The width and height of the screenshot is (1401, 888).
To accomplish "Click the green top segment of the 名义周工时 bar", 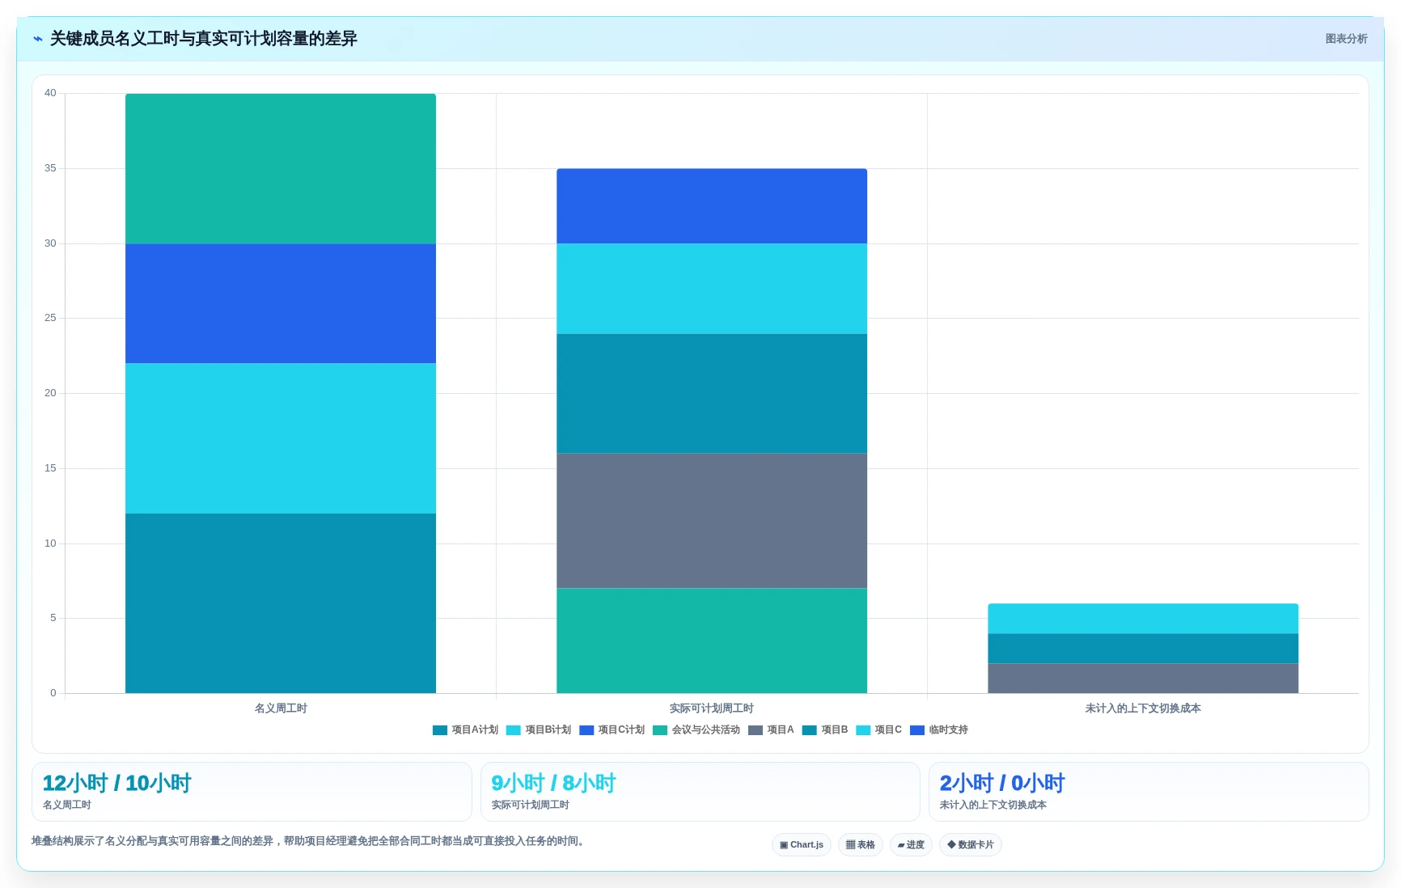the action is pos(281,168).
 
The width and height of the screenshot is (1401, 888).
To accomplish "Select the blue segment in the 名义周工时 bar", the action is pos(281,303).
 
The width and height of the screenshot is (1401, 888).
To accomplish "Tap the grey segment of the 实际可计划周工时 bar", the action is pos(712,520).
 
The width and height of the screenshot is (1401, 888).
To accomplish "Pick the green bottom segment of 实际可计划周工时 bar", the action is pos(712,641).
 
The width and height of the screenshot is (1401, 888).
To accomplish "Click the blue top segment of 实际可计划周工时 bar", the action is pos(712,206).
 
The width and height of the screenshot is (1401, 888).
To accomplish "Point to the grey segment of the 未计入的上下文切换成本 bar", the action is pos(1143,678).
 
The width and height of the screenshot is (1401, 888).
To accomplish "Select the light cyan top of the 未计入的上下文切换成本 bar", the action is pos(1143,619).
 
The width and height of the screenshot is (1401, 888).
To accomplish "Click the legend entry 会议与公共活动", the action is pos(696,729).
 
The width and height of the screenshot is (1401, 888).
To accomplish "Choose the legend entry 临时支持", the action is pos(939,729).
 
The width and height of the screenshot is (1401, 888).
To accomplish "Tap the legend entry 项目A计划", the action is pos(466,729).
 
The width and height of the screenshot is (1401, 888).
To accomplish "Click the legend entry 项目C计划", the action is pos(612,729).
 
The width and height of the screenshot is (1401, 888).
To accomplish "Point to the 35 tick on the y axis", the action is pos(50,168).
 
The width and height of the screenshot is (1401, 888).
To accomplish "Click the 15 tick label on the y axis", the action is pos(50,468).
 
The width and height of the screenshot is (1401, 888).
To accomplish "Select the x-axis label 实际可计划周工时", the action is pos(712,708).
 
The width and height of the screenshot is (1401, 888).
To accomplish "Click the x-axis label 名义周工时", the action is pos(281,708).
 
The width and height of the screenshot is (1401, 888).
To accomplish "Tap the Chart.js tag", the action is pos(802,844).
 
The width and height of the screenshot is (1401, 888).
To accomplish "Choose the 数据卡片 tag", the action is pos(971,844).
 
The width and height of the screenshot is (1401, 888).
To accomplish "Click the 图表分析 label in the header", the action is pos(1346,39).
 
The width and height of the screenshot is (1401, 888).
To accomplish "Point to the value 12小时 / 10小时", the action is pos(116,783).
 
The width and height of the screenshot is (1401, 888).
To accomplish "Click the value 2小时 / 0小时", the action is pos(1002,783).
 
